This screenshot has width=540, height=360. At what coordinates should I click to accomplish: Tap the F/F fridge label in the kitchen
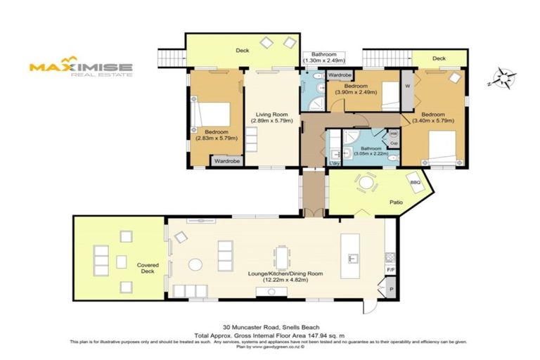point(390,269)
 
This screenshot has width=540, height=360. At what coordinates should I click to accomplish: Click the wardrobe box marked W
point(408,86)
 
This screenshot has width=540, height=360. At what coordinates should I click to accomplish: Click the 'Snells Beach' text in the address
point(304,327)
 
